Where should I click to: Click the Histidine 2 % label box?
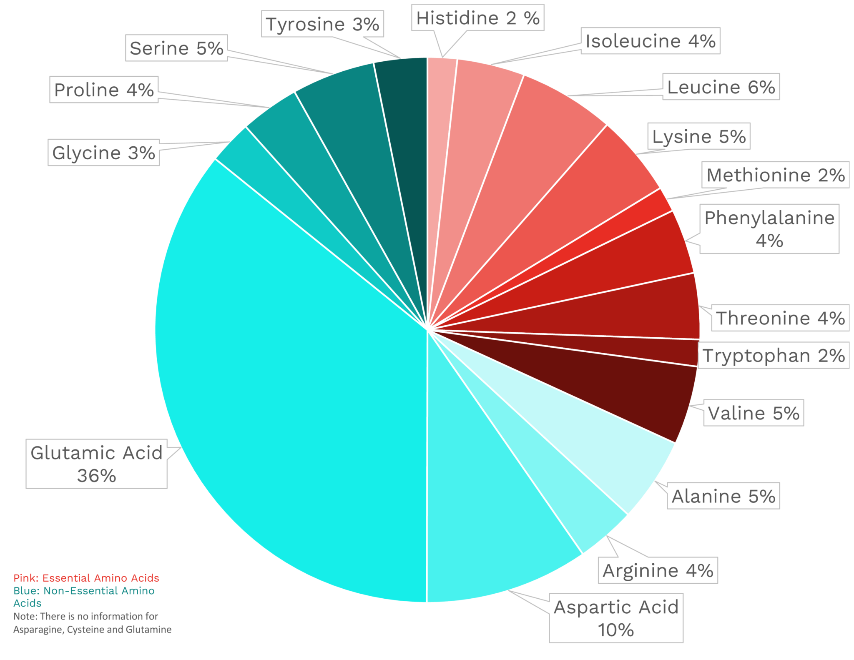477,18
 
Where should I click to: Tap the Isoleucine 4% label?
650,41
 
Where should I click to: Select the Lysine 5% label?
698,136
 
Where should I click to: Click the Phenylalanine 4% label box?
769,229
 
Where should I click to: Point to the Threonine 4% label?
780,318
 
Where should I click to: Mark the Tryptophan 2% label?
774,355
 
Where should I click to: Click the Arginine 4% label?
658,570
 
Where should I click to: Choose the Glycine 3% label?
103,153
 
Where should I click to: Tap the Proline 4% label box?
104,90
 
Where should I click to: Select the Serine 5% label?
176,48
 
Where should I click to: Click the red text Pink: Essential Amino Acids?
86,578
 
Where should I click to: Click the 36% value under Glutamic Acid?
96,476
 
